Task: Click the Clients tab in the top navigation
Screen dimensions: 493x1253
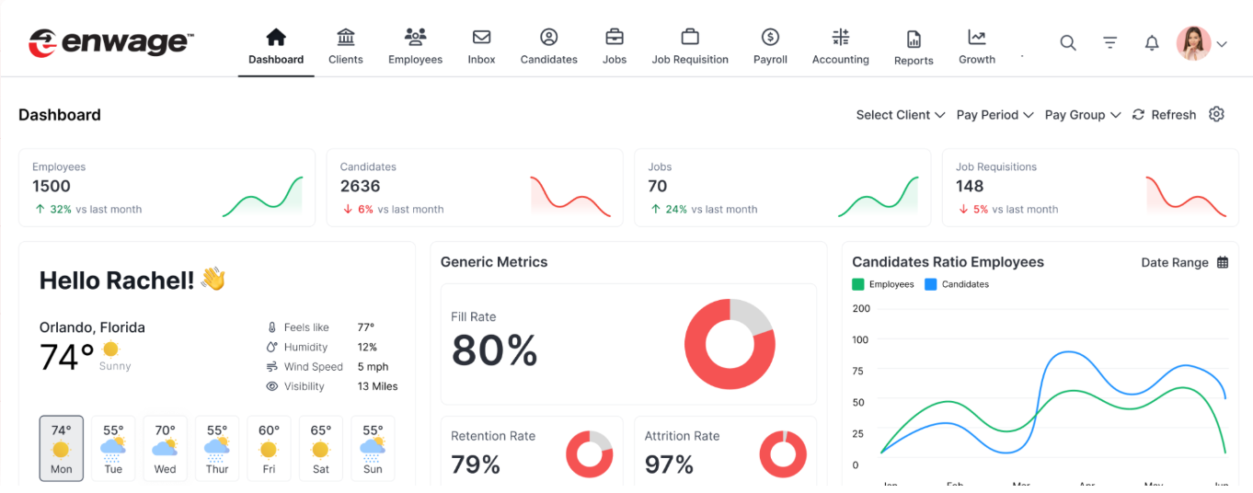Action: click(346, 47)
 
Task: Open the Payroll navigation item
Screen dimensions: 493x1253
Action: click(770, 47)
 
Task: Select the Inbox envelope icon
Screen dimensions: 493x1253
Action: click(481, 38)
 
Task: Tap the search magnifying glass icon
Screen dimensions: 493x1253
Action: click(1067, 42)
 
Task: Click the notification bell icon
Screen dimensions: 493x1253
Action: click(1152, 43)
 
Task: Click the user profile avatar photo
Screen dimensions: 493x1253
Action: click(1193, 43)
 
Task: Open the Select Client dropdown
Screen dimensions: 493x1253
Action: click(900, 115)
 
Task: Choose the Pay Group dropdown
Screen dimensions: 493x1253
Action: click(1082, 115)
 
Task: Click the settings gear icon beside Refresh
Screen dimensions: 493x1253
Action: click(1216, 114)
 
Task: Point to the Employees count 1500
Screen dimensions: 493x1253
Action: click(52, 187)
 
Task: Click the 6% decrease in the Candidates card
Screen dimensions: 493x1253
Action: click(365, 210)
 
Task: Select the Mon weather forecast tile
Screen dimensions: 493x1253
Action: click(62, 448)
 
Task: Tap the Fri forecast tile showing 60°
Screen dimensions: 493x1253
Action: click(269, 448)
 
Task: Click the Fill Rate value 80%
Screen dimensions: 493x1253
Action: click(494, 350)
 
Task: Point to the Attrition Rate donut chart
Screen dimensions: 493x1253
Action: click(783, 454)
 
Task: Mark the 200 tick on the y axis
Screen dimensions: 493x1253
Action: click(861, 308)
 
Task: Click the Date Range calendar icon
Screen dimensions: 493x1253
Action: click(1223, 263)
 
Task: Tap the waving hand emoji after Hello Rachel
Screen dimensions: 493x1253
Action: click(213, 280)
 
